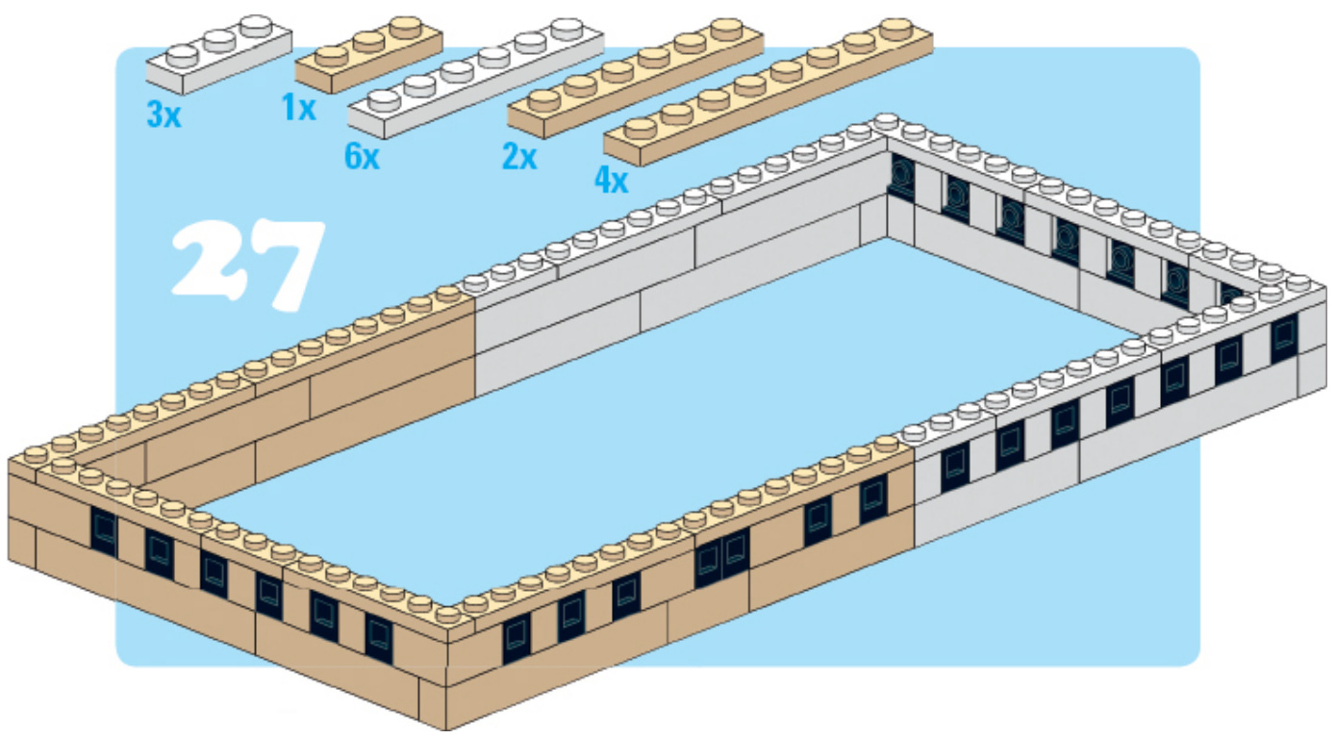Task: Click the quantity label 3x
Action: [x=163, y=116]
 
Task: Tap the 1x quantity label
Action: [x=299, y=109]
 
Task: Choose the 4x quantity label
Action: [x=610, y=180]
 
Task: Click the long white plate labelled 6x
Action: [x=475, y=78]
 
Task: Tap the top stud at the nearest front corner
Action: [x=447, y=613]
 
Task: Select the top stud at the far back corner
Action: [x=886, y=123]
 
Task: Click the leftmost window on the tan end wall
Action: [x=103, y=530]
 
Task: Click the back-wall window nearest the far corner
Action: [x=901, y=175]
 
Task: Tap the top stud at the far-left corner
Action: [x=34, y=454]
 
